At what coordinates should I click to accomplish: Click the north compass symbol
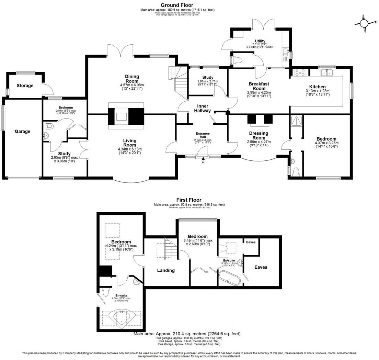pyautogui.click(x=364, y=23)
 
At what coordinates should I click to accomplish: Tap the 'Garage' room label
pyautogui.click(x=22, y=131)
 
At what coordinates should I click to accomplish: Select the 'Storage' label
pyautogui.click(x=25, y=86)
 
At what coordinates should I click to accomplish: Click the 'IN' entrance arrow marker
pyautogui.click(x=203, y=159)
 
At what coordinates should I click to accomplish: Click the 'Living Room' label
pyautogui.click(x=130, y=143)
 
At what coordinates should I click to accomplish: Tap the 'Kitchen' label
pyautogui.click(x=317, y=87)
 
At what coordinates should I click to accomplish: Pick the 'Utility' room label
pyautogui.click(x=260, y=41)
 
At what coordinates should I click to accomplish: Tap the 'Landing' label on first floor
pyautogui.click(x=166, y=270)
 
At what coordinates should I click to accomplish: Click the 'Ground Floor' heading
pyautogui.click(x=177, y=5)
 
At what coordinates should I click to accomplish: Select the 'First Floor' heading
pyautogui.click(x=189, y=200)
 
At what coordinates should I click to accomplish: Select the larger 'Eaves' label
pyautogui.click(x=261, y=267)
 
